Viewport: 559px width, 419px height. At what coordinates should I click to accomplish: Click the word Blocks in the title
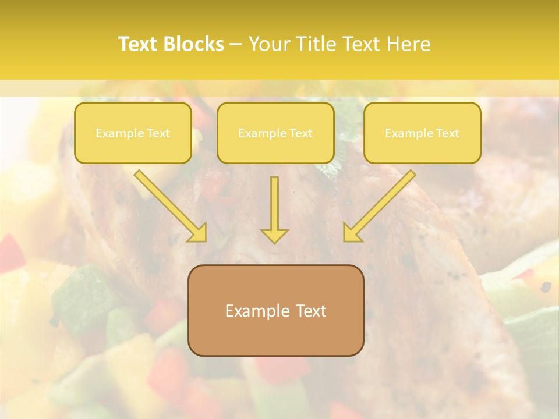193,44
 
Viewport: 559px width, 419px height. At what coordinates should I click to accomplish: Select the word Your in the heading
267,44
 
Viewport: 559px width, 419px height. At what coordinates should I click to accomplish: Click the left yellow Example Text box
133,133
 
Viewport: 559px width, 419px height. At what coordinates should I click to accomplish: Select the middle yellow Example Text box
275,133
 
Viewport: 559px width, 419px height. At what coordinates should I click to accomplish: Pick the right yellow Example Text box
422,133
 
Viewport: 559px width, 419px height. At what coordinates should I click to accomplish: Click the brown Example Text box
275,310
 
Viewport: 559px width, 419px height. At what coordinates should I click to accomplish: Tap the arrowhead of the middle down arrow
274,236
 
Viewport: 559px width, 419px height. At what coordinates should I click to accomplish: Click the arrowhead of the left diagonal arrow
198,233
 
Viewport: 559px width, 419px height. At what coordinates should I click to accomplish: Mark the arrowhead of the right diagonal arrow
352,233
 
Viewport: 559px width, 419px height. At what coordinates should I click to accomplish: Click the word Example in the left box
118,133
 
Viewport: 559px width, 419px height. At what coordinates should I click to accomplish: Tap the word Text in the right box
447,133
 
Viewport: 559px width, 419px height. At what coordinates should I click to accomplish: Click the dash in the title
236,45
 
